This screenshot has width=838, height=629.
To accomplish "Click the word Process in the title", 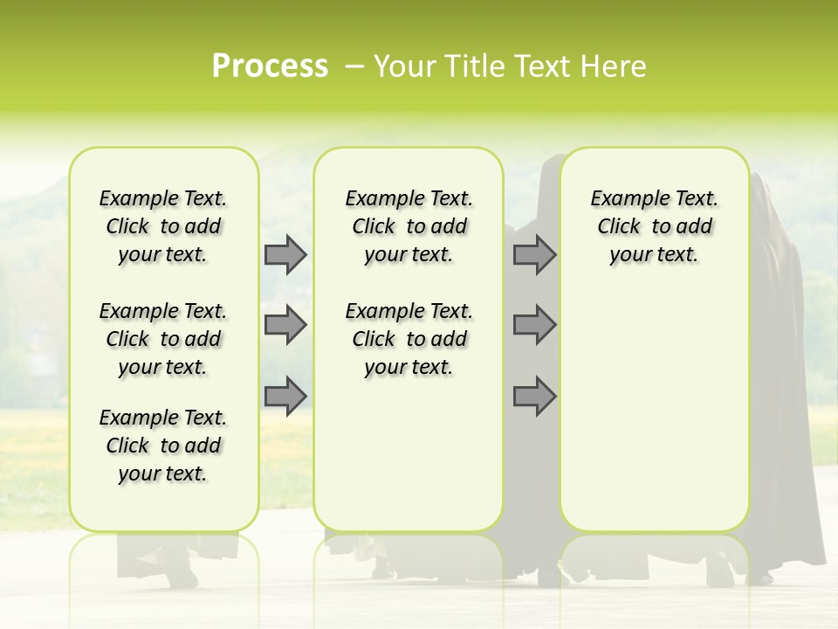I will pyautogui.click(x=270, y=66).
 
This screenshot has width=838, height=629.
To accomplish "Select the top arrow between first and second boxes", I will pyautogui.click(x=285, y=254).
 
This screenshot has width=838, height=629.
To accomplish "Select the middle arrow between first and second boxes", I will pyautogui.click(x=285, y=325).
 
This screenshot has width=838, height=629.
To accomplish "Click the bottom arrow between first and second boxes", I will pyautogui.click(x=285, y=396).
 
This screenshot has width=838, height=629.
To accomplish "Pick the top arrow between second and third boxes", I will pyautogui.click(x=534, y=254).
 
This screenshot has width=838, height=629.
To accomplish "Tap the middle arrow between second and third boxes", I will pyautogui.click(x=534, y=325).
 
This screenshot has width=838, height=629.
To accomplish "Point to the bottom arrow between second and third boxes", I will pyautogui.click(x=534, y=396).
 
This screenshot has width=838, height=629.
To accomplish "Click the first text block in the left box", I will pyautogui.click(x=163, y=226).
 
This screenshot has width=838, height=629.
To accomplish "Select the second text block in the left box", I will pyautogui.click(x=163, y=339).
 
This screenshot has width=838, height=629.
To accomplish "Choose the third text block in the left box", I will pyautogui.click(x=163, y=446).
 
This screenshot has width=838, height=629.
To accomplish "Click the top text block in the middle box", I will pyautogui.click(x=409, y=226).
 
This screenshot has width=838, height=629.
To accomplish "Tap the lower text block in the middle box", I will pyautogui.click(x=409, y=339).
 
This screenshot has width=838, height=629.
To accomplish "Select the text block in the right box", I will pyautogui.click(x=654, y=226).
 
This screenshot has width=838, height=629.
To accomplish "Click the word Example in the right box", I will pyautogui.click(x=622, y=199).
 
